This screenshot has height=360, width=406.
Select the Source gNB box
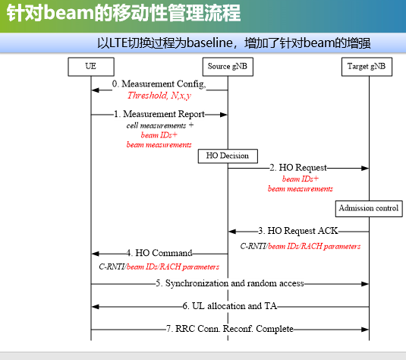(228, 66)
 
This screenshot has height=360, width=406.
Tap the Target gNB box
(369, 66)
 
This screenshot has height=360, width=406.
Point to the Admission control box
(368, 207)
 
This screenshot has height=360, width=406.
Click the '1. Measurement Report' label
(159, 114)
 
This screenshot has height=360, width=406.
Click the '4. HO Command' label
(159, 252)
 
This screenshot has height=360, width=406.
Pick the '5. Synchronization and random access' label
(230, 283)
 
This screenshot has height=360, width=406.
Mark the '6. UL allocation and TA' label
(230, 306)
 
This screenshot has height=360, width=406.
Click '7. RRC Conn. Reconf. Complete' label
(230, 329)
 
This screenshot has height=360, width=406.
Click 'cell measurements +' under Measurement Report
(159, 125)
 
